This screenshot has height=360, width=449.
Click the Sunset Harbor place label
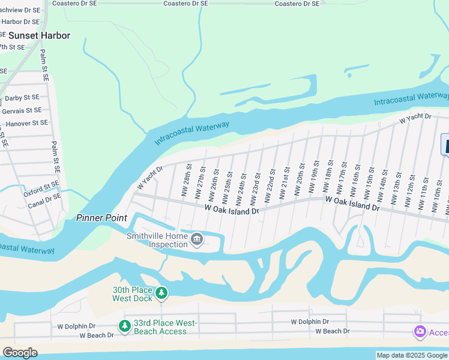tap(39, 35)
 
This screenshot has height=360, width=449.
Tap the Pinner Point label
tap(101, 218)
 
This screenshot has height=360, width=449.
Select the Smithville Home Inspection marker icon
tap(197, 241)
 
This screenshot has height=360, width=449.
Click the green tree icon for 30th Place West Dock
tap(161, 293)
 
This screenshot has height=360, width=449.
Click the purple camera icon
tap(420, 332)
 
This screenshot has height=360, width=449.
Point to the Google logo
tap(20, 353)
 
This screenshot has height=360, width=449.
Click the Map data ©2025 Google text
tap(412, 355)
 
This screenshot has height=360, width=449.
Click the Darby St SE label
tap(22, 97)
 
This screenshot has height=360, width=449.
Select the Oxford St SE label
tap(41, 188)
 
